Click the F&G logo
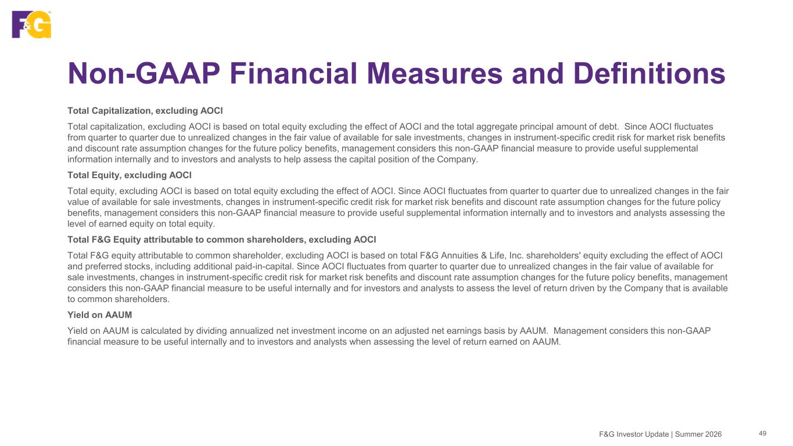coord(31,24)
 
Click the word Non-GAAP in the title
coord(143,74)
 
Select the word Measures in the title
coord(435,74)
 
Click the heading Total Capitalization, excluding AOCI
coord(145,111)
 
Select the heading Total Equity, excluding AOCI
coord(130,175)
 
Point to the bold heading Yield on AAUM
coord(100,315)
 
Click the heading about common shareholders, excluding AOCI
coord(222,240)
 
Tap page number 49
coord(763,434)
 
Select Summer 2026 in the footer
coord(698,434)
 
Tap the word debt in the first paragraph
coord(611,127)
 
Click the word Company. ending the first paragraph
coord(457,160)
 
